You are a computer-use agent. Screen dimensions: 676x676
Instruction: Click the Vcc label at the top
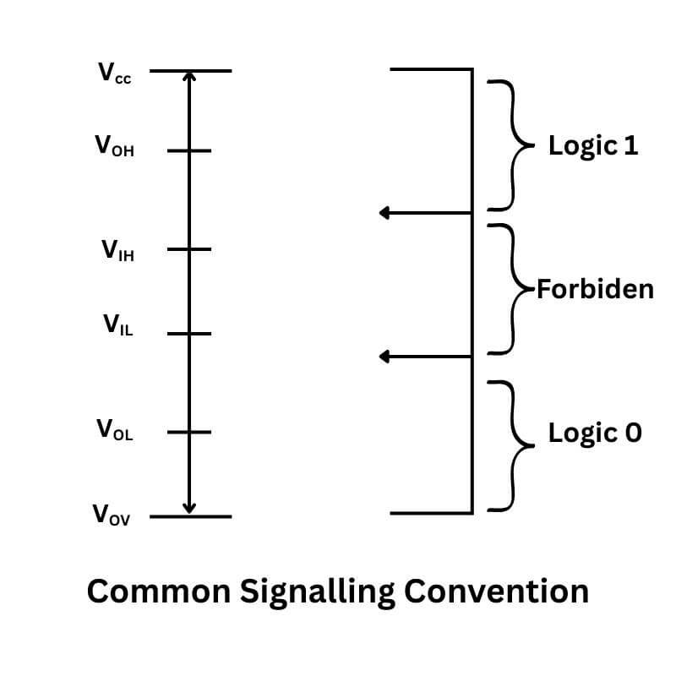115,74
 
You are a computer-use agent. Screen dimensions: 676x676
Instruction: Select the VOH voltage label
114,147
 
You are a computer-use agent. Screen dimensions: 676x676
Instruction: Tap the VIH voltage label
117,250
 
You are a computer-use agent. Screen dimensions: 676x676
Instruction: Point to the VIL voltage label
117,324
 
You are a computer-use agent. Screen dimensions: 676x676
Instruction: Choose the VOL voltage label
114,430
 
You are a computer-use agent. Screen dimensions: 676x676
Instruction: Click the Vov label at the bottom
112,515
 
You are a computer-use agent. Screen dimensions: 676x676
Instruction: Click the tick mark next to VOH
188,150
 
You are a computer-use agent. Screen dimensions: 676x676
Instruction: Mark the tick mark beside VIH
188,249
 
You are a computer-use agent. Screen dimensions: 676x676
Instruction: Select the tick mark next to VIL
188,333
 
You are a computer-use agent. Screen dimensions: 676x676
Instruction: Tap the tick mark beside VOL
188,432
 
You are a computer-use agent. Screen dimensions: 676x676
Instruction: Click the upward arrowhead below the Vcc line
189,77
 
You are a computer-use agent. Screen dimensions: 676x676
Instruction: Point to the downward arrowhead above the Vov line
189,508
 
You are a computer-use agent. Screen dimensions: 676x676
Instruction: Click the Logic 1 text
593,145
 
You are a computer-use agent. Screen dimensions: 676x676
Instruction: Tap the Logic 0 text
595,433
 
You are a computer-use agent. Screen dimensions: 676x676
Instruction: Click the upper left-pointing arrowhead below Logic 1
384,213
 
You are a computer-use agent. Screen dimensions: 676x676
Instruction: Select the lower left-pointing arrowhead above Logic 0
384,357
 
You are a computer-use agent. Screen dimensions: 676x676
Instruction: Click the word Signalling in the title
317,591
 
